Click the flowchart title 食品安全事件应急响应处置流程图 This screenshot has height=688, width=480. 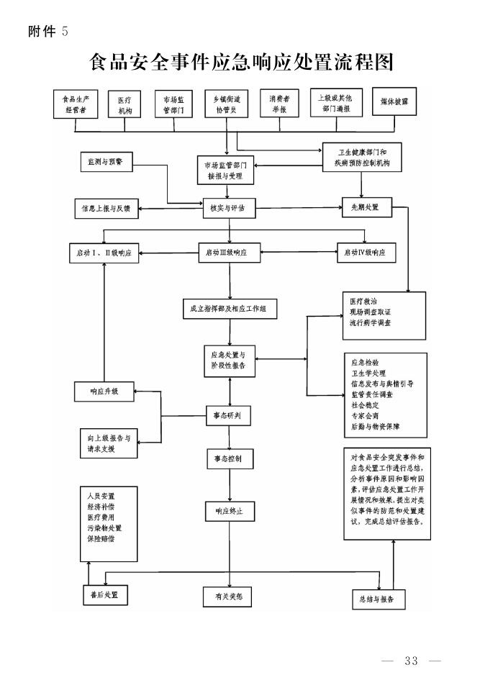click(x=241, y=63)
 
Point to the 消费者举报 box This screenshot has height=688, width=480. click(x=279, y=104)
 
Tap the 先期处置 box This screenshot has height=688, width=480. click(x=366, y=209)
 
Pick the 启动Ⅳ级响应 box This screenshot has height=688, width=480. click(x=366, y=253)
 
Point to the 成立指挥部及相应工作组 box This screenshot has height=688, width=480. click(x=229, y=309)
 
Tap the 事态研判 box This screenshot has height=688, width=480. click(x=229, y=415)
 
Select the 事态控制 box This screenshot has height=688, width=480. click(x=229, y=458)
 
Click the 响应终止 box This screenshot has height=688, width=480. click(x=229, y=512)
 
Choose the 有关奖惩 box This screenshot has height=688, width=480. click(x=229, y=597)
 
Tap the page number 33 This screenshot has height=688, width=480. click(x=412, y=661)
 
